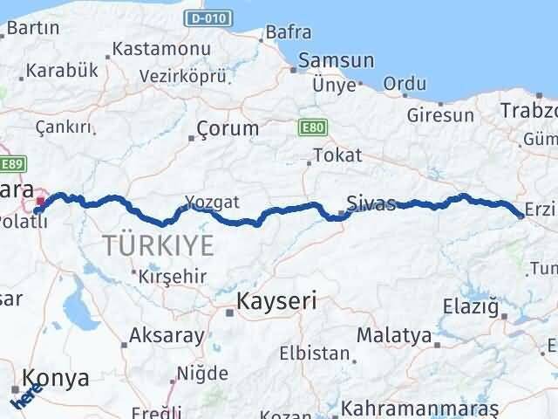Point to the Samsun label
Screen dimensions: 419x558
pyautogui.click(x=336, y=61)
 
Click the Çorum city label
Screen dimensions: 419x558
pyautogui.click(x=228, y=128)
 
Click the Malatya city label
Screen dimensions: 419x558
pyautogui.click(x=394, y=334)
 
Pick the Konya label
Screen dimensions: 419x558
pyautogui.click(x=56, y=378)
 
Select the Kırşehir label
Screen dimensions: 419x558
pyautogui.click(x=174, y=276)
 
